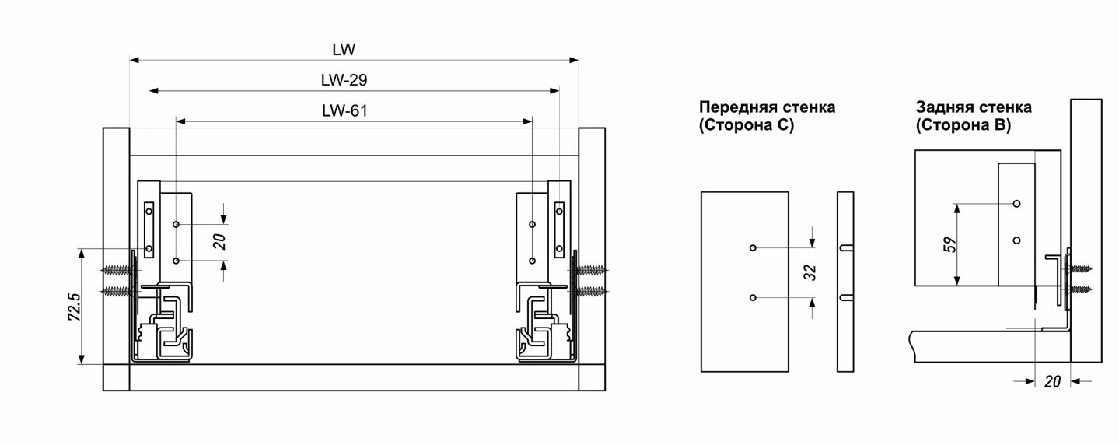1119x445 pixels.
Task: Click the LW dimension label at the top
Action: coord(344,50)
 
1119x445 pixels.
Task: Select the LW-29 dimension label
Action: coord(344,80)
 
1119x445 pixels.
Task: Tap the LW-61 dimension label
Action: coord(344,110)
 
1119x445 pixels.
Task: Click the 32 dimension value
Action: coord(811,272)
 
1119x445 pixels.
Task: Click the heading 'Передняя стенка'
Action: coord(767,107)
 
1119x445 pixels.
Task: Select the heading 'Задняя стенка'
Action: coord(974,107)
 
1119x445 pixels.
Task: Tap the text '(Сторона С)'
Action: coord(747,125)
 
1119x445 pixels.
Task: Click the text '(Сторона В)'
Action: coord(963,125)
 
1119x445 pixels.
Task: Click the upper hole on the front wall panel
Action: coord(753,248)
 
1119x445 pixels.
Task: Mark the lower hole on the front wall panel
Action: coord(753,298)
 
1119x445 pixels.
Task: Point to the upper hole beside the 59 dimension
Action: coord(1016,204)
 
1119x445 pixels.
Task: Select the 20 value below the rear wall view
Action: coord(1052,382)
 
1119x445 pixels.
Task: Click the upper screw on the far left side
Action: coord(117,270)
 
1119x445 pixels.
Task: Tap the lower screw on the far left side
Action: coord(117,291)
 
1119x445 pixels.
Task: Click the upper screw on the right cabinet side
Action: coord(593,270)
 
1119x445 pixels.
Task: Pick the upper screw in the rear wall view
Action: coord(1080,268)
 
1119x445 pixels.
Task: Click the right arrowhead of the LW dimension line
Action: coord(575,60)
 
